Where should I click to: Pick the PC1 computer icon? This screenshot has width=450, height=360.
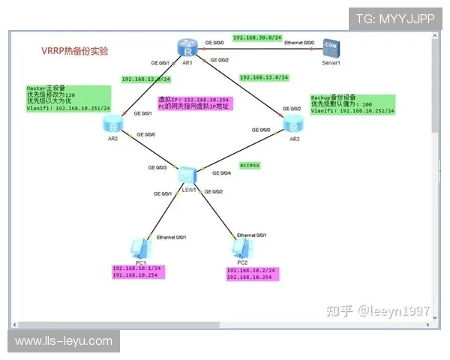(x=138, y=247)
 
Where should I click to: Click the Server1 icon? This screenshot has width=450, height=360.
(x=331, y=49)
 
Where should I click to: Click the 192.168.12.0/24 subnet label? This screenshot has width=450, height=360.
(x=145, y=79)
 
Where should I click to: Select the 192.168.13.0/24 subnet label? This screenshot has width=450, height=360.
(x=263, y=76)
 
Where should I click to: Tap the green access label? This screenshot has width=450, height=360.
(x=249, y=164)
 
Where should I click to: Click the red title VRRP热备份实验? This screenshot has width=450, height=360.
(x=74, y=52)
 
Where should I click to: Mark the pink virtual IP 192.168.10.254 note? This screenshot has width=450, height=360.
(x=195, y=103)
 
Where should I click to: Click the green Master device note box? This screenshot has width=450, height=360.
(x=68, y=98)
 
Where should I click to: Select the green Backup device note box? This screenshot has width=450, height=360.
(x=352, y=104)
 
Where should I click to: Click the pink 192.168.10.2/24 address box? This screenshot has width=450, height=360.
(x=252, y=274)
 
